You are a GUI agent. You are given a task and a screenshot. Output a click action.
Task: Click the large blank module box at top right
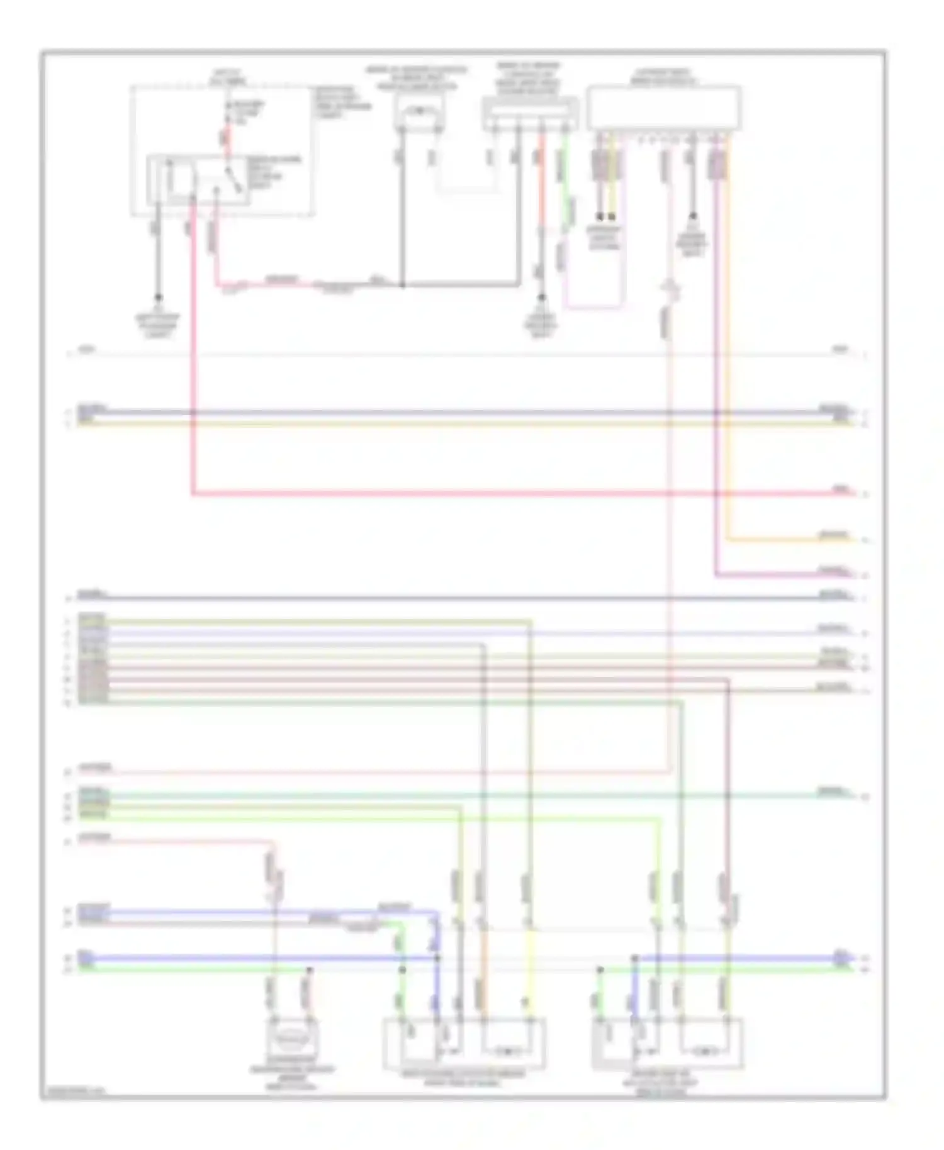(663, 108)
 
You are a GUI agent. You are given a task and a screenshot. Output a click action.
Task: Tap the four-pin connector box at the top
(530, 114)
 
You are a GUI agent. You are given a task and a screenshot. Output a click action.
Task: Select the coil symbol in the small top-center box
(419, 112)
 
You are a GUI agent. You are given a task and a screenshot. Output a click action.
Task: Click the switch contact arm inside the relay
(233, 179)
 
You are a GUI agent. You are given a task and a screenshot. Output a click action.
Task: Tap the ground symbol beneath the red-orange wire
(541, 298)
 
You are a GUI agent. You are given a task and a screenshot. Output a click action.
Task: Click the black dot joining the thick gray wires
(402, 285)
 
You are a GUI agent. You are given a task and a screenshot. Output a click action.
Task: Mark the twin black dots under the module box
(605, 216)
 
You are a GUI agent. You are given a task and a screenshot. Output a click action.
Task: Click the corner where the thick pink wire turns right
(192, 494)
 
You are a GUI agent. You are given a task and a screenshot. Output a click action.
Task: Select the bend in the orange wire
(727, 539)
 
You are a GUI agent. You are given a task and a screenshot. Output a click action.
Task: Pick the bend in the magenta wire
(716, 574)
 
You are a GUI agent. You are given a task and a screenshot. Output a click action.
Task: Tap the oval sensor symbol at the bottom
(291, 1037)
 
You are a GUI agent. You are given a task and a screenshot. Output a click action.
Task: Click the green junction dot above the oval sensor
(308, 971)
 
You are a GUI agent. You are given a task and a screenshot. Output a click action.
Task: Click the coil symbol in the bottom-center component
(507, 1051)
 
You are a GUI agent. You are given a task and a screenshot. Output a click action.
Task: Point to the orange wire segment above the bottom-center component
(483, 956)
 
